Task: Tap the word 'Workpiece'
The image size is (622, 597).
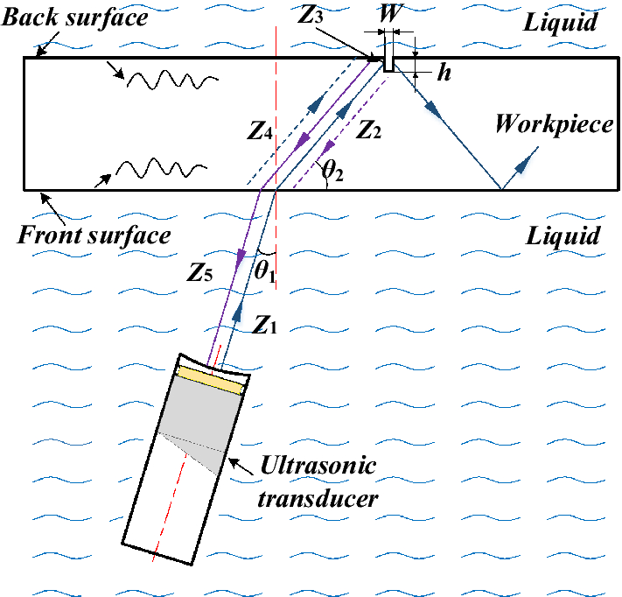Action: (553, 123)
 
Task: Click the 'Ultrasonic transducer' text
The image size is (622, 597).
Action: (318, 481)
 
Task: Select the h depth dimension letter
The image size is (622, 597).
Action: (444, 73)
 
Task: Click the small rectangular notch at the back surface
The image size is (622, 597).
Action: (385, 54)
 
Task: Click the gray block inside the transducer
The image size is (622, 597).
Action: (198, 417)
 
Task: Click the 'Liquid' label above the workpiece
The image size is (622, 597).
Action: (561, 22)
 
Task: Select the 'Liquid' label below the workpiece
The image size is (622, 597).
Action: (562, 235)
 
